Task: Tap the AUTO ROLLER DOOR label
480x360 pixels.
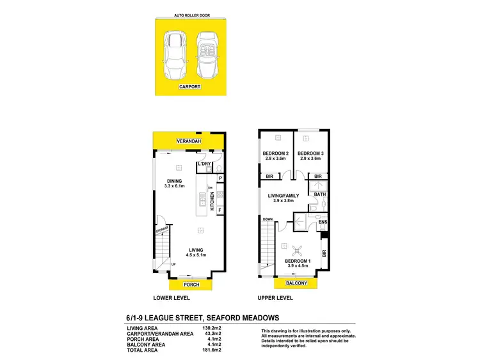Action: (x=191, y=14)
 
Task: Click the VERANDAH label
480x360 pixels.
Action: (x=190, y=141)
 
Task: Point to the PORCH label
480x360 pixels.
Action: (x=191, y=285)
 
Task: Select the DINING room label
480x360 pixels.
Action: (x=175, y=181)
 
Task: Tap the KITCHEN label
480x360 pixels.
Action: (x=212, y=201)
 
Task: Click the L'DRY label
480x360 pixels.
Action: (x=205, y=164)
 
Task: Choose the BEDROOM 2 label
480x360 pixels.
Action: (x=276, y=153)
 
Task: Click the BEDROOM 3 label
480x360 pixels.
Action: (x=311, y=153)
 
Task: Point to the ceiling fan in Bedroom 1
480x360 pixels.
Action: (x=296, y=251)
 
